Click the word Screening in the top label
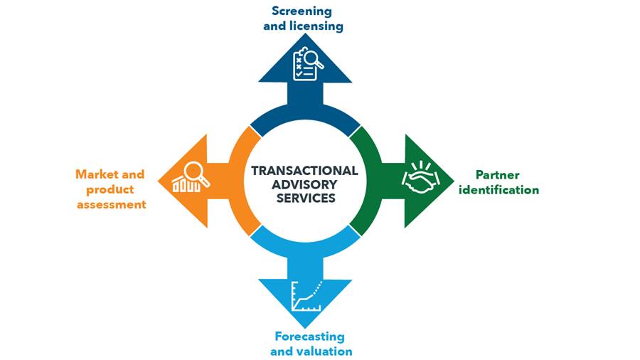coord(302,11)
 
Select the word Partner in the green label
coord(498,175)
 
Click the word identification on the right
coord(498,190)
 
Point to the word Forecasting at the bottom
coord(310,337)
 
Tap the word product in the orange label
coord(110,190)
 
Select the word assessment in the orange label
coord(112,204)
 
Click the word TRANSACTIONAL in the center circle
coord(304,171)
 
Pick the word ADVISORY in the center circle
coord(304,184)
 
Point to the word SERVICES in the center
coord(306,198)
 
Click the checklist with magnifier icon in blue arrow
coord(308,63)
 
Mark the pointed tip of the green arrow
coord(454,181)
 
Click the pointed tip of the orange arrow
coord(159,181)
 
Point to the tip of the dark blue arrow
coord(305,34)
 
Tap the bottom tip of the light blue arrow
coord(305,328)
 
